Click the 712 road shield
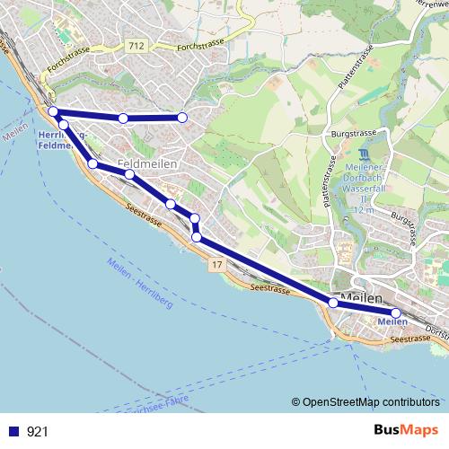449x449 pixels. point(136,45)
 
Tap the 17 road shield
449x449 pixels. point(218,266)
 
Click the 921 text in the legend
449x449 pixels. point(38,432)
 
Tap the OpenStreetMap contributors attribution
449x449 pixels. point(370,401)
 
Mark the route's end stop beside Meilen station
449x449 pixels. point(395,313)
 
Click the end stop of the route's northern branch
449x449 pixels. point(181,118)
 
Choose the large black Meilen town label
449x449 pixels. point(363,299)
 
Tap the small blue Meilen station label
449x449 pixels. point(392,321)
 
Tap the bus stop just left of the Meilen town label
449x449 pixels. point(333,303)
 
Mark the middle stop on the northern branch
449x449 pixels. point(123,119)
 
